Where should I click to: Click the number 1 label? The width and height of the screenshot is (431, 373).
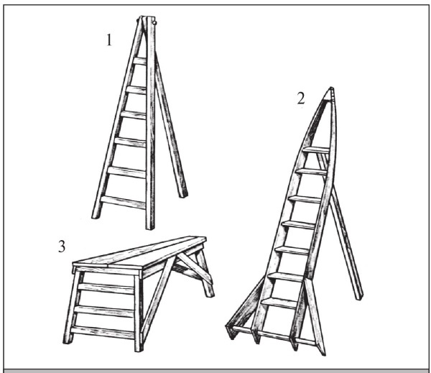click(109, 40)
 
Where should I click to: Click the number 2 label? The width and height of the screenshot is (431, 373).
click(301, 98)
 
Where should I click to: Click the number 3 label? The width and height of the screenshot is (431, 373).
click(62, 247)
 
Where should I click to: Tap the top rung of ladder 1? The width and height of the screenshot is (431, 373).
click(139, 61)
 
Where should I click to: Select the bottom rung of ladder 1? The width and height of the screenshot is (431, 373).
click(123, 202)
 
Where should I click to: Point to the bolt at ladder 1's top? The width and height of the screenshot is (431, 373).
click(154, 22)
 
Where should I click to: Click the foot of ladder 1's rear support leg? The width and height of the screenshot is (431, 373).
click(182, 195)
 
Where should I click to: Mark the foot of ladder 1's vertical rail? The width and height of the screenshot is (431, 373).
click(150, 226)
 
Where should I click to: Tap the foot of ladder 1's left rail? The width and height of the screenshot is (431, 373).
click(96, 216)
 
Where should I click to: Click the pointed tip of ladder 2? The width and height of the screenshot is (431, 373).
click(331, 88)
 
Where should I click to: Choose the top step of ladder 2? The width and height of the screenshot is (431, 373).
click(316, 150)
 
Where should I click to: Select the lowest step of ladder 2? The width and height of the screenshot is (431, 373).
click(279, 303)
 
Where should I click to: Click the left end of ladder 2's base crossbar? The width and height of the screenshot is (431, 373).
click(228, 327)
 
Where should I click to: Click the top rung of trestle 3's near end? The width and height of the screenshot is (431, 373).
click(106, 288)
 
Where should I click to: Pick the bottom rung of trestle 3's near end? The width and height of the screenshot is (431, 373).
click(103, 332)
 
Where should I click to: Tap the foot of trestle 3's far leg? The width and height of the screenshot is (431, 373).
click(210, 295)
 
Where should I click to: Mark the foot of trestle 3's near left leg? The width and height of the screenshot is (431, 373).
click(68, 341)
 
